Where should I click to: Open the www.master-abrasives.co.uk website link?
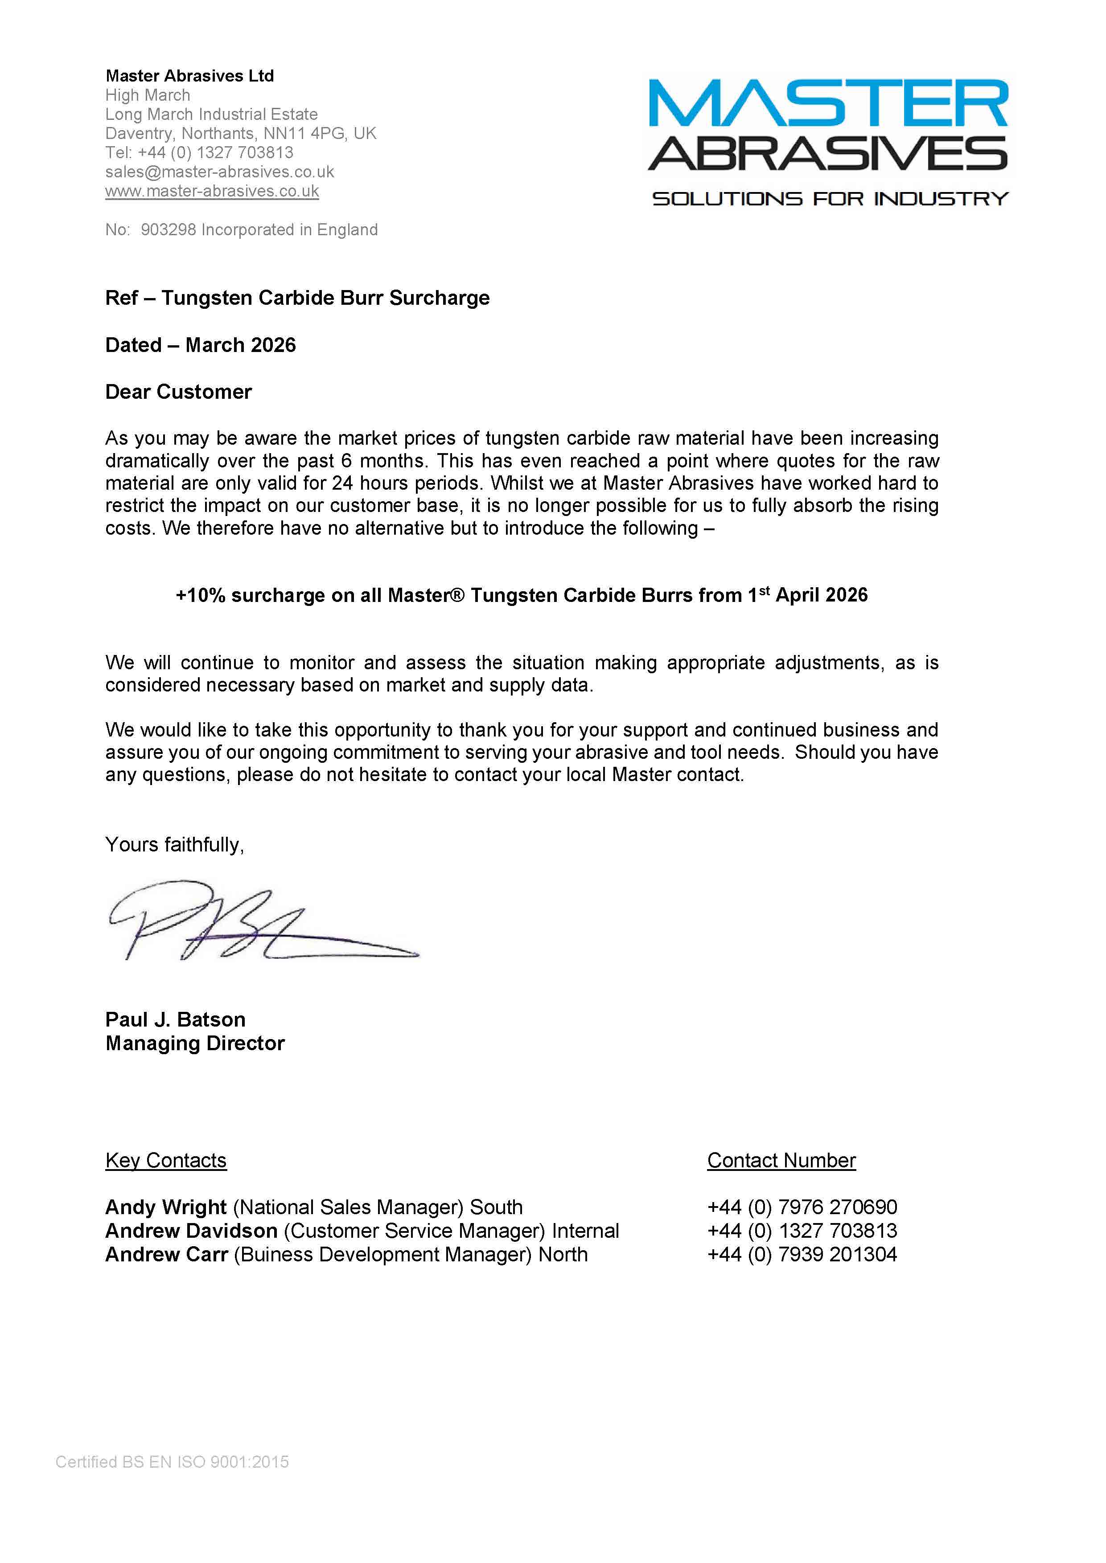212,191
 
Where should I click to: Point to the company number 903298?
168,230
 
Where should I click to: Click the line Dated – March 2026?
200,345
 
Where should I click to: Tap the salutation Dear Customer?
178,392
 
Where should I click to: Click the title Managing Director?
195,1043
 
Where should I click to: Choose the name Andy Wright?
165,1207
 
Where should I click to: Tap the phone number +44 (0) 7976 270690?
802,1207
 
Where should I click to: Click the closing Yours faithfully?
174,845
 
